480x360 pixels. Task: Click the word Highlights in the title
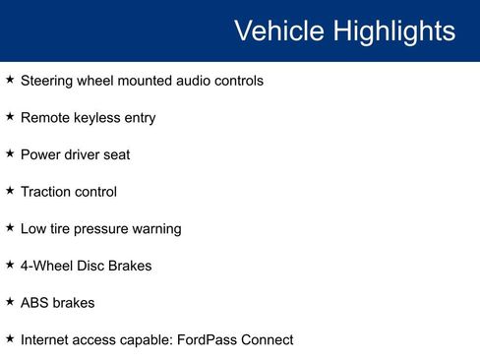coord(393,30)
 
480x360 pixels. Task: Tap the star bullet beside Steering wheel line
coord(10,80)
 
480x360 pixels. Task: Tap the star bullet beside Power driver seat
coord(10,154)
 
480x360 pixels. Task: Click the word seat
coord(115,155)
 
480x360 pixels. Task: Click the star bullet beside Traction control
coord(10,191)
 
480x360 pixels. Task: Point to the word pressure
coord(103,229)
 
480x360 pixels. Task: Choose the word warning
coord(157,229)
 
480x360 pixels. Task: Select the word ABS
coord(33,303)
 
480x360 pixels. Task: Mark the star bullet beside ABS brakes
coord(10,302)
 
